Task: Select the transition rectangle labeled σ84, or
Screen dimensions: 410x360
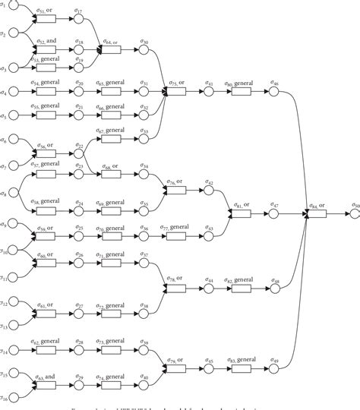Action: [x=316, y=214]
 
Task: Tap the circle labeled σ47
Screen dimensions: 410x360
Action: [x=276, y=214]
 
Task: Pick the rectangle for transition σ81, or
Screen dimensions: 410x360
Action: [x=242, y=214]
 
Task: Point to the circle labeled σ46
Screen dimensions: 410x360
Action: [x=276, y=93]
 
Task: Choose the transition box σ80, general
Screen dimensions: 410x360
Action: [x=242, y=93]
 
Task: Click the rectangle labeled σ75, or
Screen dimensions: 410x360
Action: [x=176, y=93]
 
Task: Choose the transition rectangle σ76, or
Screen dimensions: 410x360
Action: [x=176, y=191]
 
